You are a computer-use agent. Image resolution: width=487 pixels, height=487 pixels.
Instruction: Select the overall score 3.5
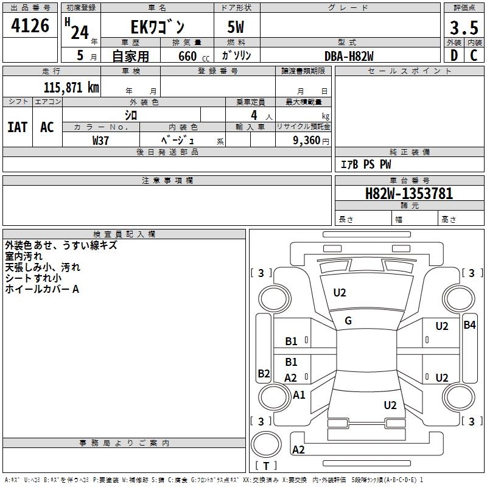coord(463,29)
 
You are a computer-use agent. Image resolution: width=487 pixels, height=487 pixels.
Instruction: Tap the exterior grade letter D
coord(454,55)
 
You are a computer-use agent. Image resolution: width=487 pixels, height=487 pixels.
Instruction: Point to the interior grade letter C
coord(473,55)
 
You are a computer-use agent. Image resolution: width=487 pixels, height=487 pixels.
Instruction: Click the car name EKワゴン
coord(157,27)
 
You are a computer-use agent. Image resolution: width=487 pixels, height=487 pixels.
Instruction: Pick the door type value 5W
coord(236,27)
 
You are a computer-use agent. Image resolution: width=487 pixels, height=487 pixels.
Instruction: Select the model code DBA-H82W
coord(349,56)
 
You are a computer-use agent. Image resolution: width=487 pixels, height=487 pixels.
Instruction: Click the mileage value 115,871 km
coord(71,88)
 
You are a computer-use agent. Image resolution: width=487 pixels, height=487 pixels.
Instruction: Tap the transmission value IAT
coord(17,127)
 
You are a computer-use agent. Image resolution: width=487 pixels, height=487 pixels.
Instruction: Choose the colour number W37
coord(100,140)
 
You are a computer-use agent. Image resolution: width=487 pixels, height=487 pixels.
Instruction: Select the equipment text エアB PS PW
coord(365,164)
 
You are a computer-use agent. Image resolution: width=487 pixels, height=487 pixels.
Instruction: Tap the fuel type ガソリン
coord(236,56)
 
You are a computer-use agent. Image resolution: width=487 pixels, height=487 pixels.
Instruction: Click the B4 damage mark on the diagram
coord(469,325)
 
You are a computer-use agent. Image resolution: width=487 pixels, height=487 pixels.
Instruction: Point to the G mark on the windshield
coord(348,321)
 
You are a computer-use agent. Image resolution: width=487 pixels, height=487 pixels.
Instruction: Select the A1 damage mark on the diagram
coord(299,395)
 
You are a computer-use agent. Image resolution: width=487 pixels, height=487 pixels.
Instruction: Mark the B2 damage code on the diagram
coord(263,374)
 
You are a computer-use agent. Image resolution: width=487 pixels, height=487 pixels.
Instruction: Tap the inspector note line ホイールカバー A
coord(42,290)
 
